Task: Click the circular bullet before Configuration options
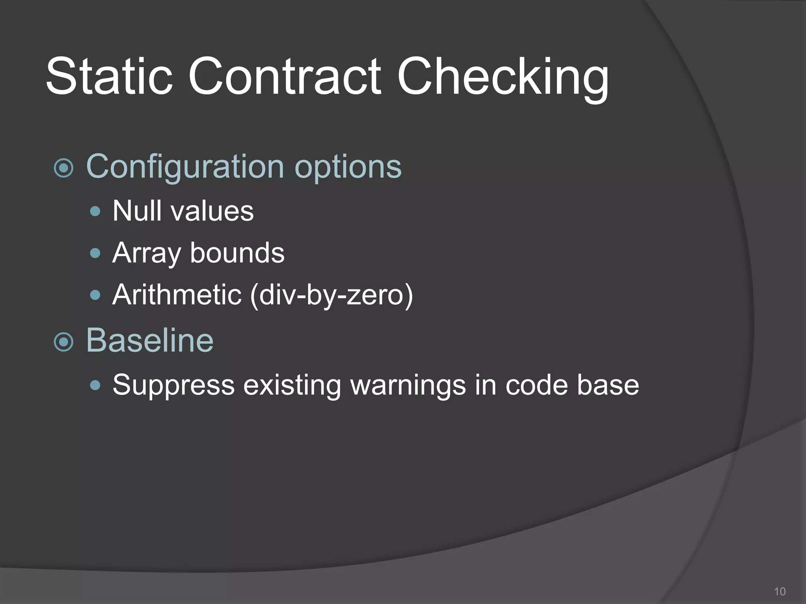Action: [63, 168]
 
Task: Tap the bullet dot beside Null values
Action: [95, 212]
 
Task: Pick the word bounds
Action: [237, 253]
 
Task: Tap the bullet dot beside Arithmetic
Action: [95, 295]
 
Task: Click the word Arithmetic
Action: [177, 295]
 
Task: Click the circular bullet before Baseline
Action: [63, 342]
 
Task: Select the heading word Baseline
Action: [150, 340]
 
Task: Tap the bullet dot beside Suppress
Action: [95, 385]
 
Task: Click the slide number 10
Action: [780, 591]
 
